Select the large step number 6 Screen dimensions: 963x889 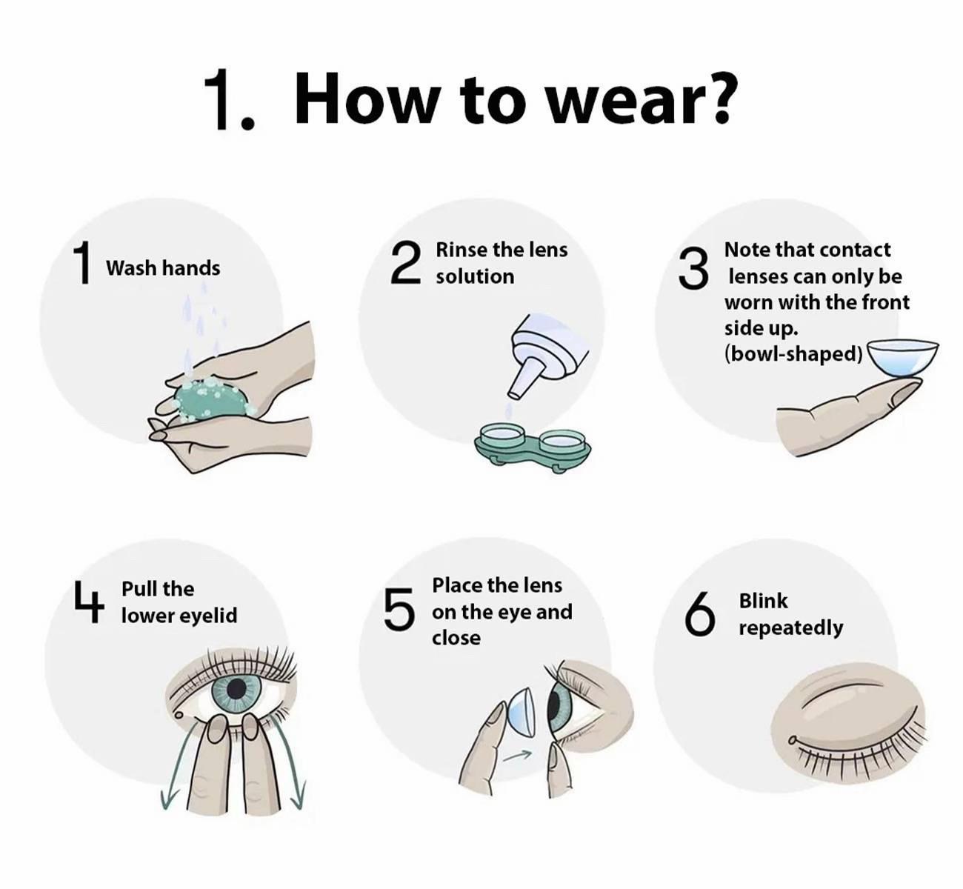(700, 613)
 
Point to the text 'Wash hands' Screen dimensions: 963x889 (163, 267)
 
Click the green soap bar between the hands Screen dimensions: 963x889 (213, 399)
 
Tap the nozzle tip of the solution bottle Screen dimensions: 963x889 (514, 394)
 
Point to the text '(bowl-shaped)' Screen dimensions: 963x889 (793, 354)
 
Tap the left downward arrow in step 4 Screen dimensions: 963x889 (179, 766)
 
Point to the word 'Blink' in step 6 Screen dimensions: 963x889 (763, 600)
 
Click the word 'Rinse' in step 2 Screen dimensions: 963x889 (462, 250)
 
